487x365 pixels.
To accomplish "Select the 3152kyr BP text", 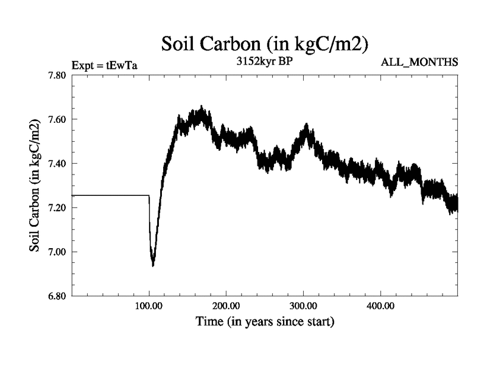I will [x=265, y=61].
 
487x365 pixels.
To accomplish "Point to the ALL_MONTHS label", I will [x=419, y=62].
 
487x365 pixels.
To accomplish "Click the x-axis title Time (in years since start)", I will [x=265, y=321].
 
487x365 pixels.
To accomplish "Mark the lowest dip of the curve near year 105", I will [x=153, y=265].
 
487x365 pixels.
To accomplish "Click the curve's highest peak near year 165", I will [x=201, y=108].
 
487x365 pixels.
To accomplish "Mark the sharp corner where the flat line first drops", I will [x=149, y=195].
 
